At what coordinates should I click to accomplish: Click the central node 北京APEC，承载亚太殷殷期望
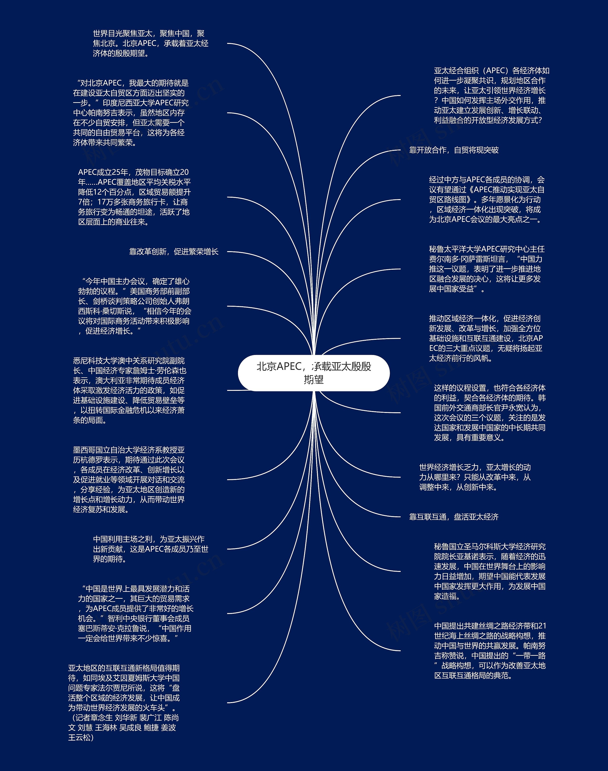313,373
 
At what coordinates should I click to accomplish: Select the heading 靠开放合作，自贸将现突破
454,150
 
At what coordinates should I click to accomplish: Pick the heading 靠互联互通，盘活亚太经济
454,517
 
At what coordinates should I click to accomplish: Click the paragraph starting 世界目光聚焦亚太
150,43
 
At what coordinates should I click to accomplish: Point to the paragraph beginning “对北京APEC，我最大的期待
130,113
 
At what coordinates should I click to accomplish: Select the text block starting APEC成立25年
134,197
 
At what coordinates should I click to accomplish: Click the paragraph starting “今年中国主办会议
134,306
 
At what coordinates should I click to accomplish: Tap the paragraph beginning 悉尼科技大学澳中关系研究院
129,390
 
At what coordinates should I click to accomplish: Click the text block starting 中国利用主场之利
150,549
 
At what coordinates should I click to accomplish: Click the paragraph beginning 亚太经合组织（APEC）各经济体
491,96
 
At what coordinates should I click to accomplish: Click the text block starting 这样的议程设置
489,412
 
